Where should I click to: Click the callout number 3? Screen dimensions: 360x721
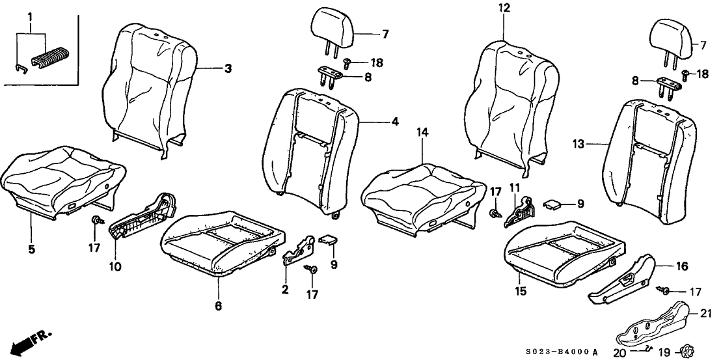(228, 69)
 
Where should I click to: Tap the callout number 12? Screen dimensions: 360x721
(504, 8)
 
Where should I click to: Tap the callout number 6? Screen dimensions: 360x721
(219, 305)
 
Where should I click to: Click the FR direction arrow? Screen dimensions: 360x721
(29, 340)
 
